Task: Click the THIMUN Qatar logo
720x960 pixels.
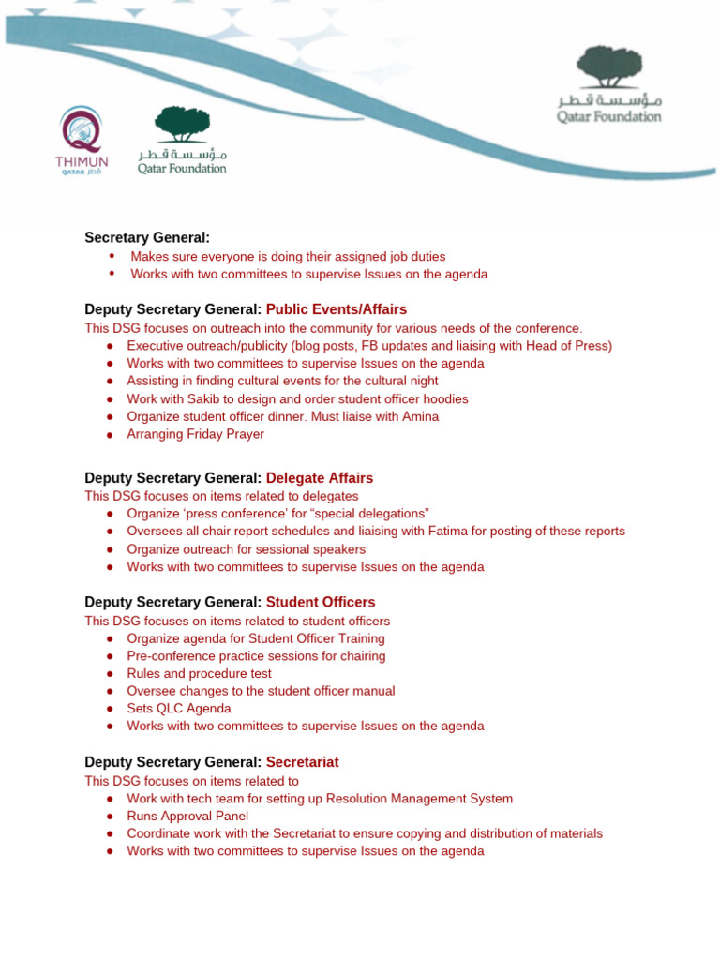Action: coord(80,141)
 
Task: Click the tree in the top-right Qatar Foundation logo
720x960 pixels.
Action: coord(608,67)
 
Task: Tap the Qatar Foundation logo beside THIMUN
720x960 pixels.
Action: coord(182,140)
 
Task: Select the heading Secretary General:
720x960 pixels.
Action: coord(147,238)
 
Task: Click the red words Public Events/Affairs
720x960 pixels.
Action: coord(337,309)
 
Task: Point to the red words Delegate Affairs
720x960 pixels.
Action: coord(320,478)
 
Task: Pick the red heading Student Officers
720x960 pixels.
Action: coord(321,602)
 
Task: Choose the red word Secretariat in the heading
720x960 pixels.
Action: coord(302,762)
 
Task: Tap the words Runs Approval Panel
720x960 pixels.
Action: coord(187,816)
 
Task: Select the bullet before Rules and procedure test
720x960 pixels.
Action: coord(110,673)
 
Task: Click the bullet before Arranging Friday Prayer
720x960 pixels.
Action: coord(110,434)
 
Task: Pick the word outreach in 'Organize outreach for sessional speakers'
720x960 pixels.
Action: coord(207,548)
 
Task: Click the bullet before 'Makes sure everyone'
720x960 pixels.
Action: coord(112,256)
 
